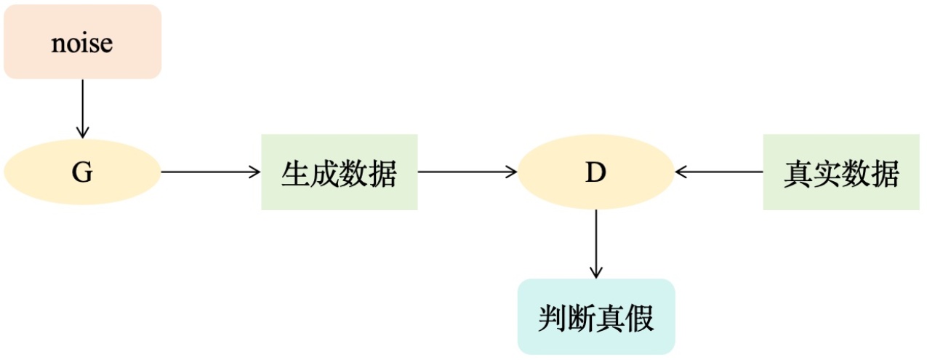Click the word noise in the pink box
82,43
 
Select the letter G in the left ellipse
82,173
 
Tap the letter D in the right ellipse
595,173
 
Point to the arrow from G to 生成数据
210,172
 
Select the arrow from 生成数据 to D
467,172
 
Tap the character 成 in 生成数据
325,175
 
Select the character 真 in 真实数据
798,175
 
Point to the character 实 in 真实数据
827,175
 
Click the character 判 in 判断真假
553,318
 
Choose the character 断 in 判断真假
582,318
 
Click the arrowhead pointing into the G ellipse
82,133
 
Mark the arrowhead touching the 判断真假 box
595,273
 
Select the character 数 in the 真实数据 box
856,175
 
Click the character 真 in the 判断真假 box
611,318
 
